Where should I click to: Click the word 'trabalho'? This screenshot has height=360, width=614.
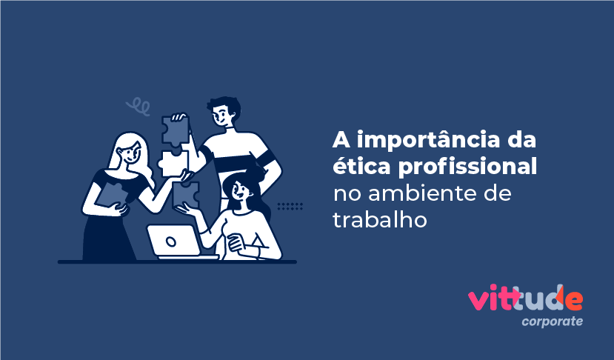pyautogui.click(x=380, y=220)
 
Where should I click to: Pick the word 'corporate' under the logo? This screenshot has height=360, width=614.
pyautogui.click(x=551, y=321)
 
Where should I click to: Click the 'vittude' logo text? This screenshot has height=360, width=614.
pyautogui.click(x=525, y=299)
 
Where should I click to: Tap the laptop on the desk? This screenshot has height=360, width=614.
pyautogui.click(x=173, y=241)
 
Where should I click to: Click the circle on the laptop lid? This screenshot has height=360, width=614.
pyautogui.click(x=171, y=241)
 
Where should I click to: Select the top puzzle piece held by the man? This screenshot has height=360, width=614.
pyautogui.click(x=176, y=130)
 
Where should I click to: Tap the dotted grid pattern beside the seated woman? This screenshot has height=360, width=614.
pyautogui.click(x=290, y=206)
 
